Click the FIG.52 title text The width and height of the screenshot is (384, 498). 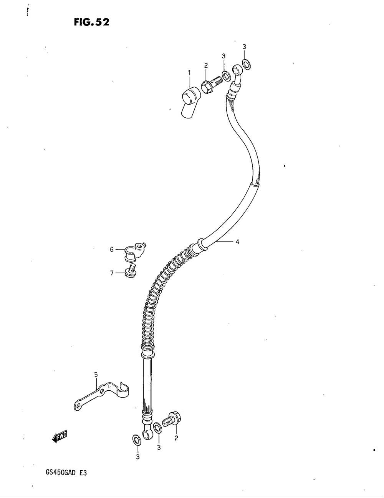click(x=92, y=23)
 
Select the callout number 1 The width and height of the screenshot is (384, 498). click(x=189, y=72)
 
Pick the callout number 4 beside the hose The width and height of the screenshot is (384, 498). click(x=237, y=242)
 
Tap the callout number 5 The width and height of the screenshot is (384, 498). click(x=96, y=374)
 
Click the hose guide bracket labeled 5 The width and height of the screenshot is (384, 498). click(x=102, y=394)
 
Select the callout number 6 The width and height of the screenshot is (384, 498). click(x=112, y=250)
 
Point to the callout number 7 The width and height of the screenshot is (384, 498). click(x=112, y=273)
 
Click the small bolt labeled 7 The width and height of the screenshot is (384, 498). click(x=131, y=271)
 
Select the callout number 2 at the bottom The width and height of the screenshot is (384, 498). click(x=176, y=438)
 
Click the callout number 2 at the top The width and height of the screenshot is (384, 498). click(x=206, y=65)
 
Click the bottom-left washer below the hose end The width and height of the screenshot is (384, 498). click(x=136, y=439)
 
